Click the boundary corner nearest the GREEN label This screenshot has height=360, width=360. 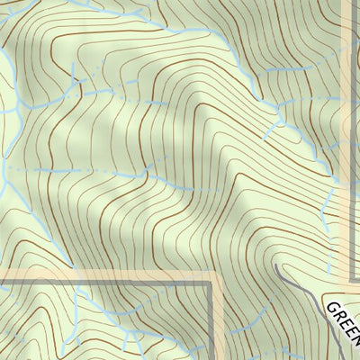(x=351, y=278)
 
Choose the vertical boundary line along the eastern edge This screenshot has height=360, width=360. (x=351, y=135)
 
